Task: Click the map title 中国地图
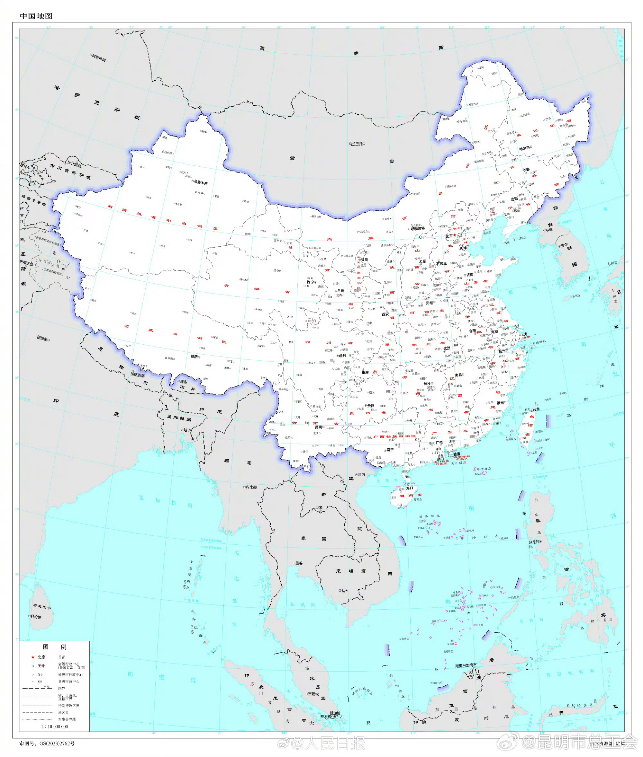36,16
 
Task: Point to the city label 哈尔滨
525,148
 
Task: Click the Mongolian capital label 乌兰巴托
356,144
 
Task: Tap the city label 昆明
319,427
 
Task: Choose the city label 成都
342,356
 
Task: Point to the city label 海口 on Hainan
410,488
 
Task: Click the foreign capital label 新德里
43,338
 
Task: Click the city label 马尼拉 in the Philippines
534,542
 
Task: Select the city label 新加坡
335,713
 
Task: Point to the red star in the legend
33,657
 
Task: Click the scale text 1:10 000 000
54,726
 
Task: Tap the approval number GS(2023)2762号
47,744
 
